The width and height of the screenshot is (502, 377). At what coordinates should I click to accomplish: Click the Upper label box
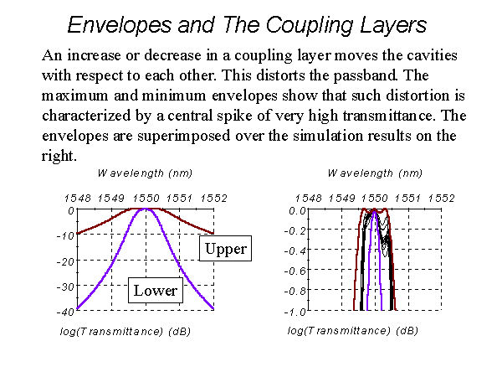coord(225,249)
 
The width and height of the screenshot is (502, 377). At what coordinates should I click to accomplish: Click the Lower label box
coord(156,290)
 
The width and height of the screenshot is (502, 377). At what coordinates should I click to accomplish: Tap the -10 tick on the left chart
coord(65,236)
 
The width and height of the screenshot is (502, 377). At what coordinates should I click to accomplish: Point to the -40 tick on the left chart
coord(65,312)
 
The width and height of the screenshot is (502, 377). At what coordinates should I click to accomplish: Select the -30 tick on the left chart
coord(65,287)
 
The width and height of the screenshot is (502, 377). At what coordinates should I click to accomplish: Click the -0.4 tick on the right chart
coord(295,250)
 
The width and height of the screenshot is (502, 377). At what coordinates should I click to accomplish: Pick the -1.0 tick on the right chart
coord(295,312)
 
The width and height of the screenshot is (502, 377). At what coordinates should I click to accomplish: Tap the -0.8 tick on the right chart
coord(295,292)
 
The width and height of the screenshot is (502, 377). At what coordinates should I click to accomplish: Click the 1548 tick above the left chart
coord(78,199)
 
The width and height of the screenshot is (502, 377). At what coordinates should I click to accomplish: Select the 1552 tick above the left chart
coord(214,199)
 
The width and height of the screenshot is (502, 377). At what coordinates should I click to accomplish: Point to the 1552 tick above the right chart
coord(442,199)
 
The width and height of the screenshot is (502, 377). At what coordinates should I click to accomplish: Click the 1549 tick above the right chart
coord(342,199)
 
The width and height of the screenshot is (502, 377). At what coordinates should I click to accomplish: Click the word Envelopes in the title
coord(120,25)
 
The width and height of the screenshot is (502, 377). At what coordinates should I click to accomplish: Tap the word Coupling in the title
coord(309,25)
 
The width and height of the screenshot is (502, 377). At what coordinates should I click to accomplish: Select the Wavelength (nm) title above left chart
coord(145,173)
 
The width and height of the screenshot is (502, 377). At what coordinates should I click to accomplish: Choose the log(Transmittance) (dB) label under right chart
coord(352,331)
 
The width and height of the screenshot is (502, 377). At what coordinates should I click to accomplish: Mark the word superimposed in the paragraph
coord(184,136)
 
